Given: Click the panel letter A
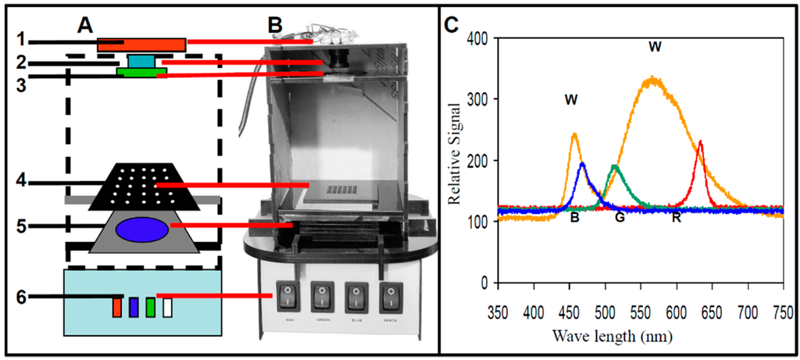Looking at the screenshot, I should click(86, 24).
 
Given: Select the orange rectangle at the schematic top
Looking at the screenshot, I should click(141, 45).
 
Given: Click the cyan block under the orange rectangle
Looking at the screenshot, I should click(141, 60).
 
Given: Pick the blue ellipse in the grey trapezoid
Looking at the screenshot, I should click(141, 230).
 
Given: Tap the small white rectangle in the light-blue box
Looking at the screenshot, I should click(168, 307).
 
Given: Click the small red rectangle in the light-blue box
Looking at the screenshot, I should click(117, 307).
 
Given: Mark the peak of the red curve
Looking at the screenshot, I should click(701, 142).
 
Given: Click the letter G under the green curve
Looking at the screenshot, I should click(620, 216).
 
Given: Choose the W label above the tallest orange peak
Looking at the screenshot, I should click(655, 48).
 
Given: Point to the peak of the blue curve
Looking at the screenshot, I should click(582, 164).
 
